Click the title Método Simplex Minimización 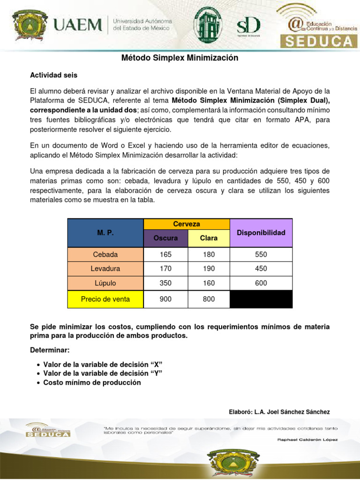click(x=180, y=58)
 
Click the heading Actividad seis click(x=54, y=75)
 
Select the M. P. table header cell click(x=105, y=233)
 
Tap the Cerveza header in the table click(x=186, y=224)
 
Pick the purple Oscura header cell click(x=165, y=238)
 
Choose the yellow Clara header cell click(x=209, y=238)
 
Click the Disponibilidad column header click(x=261, y=233)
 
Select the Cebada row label click(x=105, y=255)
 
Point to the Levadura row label click(x=105, y=269)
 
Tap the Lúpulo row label click(x=105, y=283)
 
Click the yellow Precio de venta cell click(x=105, y=299)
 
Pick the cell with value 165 click(x=165, y=255)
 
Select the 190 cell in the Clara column click(x=209, y=269)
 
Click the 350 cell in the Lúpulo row click(x=165, y=283)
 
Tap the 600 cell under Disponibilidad click(x=261, y=283)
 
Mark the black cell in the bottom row click(x=261, y=299)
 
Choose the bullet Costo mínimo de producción click(x=92, y=382)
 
